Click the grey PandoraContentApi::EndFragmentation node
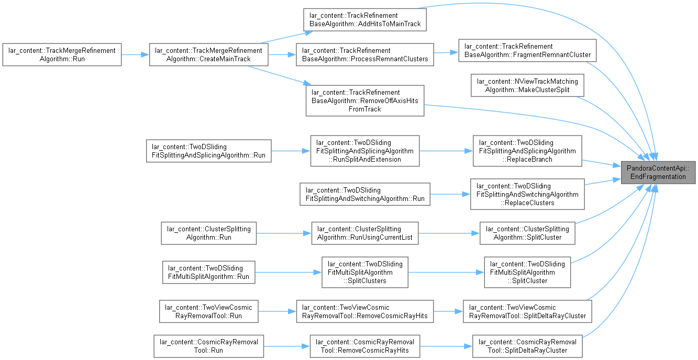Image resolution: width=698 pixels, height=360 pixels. (658, 173)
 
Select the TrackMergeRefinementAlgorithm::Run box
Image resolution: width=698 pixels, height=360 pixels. (62, 54)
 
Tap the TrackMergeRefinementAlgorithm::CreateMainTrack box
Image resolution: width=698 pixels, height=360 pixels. (208, 54)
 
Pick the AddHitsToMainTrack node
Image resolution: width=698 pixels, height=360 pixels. (365, 19)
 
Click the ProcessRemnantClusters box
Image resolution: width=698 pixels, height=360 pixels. (365, 54)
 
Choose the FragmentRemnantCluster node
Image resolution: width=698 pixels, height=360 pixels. (527, 50)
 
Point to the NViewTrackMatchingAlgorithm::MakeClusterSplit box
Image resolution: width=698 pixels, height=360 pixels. (527, 85)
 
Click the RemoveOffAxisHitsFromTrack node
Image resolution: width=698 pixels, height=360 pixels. (365, 100)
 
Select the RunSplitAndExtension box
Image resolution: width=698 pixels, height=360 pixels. (365, 151)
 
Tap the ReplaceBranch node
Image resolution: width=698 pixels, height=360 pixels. (527, 151)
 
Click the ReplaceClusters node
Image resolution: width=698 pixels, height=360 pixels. (527, 194)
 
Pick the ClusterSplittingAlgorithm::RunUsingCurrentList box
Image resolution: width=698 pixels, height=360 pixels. (365, 233)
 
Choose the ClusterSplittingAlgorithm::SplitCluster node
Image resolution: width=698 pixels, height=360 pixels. (527, 233)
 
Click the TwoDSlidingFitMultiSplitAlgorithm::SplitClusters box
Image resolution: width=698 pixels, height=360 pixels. (365, 272)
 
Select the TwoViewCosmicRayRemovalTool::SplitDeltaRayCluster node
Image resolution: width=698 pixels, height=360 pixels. (527, 311)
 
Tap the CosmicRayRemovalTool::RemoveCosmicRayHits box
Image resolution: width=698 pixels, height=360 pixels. (365, 346)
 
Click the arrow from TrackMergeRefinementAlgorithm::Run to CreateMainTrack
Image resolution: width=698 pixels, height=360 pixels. (135, 54)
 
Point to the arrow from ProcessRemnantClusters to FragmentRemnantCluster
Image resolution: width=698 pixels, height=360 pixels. (446, 53)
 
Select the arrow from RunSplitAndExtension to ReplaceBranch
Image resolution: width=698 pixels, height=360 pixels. (446, 151)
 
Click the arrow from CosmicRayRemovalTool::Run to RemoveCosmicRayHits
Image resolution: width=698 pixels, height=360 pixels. (286, 346)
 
